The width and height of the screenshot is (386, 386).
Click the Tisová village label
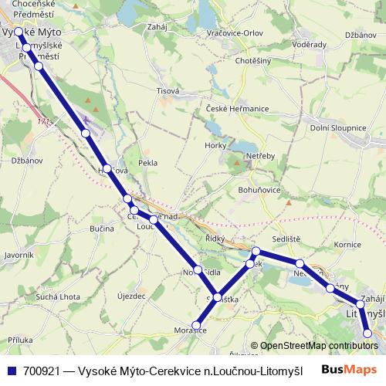click(168, 90)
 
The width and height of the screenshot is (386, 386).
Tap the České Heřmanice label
click(237, 108)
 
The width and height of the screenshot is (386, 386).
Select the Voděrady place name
click(310, 45)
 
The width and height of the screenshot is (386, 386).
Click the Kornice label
click(348, 245)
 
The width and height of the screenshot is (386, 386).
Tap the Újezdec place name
click(130, 296)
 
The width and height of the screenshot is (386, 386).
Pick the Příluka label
click(20, 340)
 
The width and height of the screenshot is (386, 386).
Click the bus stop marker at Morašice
click(197, 325)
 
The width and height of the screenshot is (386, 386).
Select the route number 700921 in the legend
click(42, 370)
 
